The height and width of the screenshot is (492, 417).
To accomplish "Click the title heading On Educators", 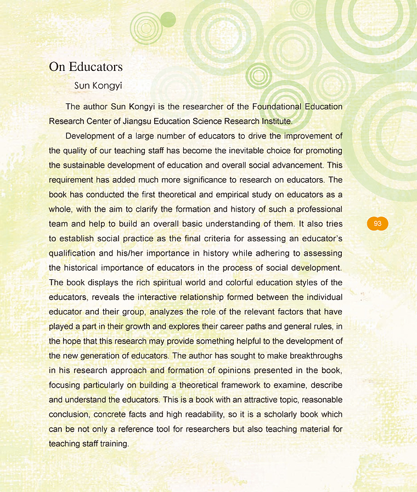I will click(x=86, y=67).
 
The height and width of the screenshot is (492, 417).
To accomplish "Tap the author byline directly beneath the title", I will click(x=98, y=86).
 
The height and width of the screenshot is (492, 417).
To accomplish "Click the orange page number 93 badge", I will click(x=377, y=224).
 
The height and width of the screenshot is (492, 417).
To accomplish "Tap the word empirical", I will click(x=217, y=195).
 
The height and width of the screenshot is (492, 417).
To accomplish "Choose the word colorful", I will click(x=230, y=283).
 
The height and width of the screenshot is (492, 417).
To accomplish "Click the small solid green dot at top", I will click(x=168, y=20).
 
